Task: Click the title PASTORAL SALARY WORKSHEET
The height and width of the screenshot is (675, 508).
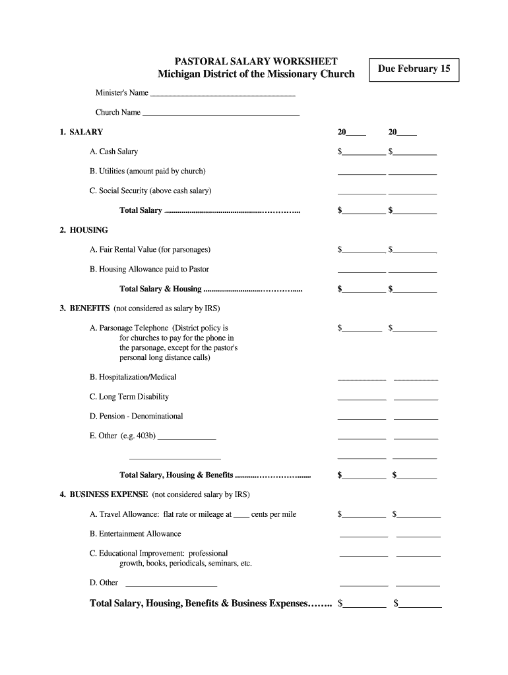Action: (255, 61)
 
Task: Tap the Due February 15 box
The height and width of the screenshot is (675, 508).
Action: (414, 69)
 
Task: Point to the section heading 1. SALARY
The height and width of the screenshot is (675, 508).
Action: (81, 132)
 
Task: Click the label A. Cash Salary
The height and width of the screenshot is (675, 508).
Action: (113, 152)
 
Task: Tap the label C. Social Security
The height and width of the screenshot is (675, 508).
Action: (150, 191)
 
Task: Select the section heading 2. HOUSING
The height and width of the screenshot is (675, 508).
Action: (84, 230)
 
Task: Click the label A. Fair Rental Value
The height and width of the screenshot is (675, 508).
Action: (150, 250)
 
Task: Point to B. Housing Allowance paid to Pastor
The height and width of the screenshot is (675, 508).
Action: (149, 270)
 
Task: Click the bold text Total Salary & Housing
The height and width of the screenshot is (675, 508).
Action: (160, 289)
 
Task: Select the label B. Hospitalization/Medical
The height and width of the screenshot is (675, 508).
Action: (133, 377)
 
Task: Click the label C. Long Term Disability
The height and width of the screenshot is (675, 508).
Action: (129, 397)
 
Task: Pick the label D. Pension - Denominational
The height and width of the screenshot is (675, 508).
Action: (137, 417)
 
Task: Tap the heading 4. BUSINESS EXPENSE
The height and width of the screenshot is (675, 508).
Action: (104, 494)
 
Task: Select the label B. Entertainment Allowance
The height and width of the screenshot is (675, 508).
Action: (135, 534)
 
